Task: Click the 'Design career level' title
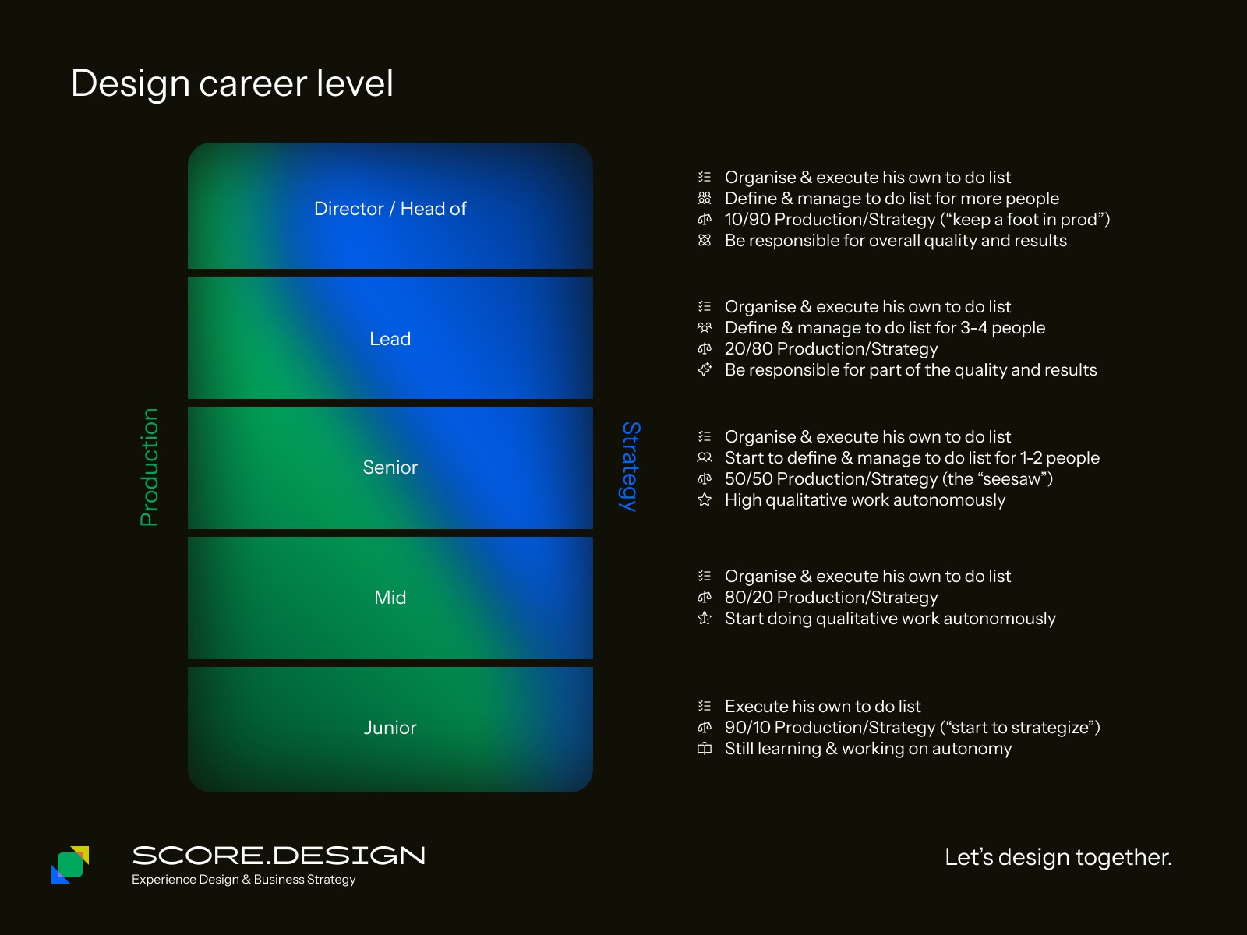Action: [x=231, y=83]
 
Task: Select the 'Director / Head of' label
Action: [x=390, y=209]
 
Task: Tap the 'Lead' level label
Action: [x=390, y=339]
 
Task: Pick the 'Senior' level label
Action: [x=390, y=467]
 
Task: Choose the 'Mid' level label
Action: [x=390, y=598]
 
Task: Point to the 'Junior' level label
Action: [x=390, y=728]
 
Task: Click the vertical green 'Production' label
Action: [x=149, y=467]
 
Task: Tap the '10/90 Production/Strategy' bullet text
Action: [x=917, y=220]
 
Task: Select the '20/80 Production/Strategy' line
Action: [x=831, y=349]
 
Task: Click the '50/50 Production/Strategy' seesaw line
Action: [x=888, y=479]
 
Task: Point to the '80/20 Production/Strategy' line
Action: [x=831, y=598]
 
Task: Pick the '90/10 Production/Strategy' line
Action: [x=912, y=728]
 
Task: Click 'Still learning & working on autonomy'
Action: [x=867, y=749]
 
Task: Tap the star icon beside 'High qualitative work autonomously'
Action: [x=705, y=500]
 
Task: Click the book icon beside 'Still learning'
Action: [x=705, y=749]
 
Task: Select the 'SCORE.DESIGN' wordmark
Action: [x=278, y=856]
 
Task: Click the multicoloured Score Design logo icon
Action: [x=70, y=865]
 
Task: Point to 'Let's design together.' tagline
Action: [x=1058, y=857]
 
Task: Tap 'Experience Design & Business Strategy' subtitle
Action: [x=243, y=880]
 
